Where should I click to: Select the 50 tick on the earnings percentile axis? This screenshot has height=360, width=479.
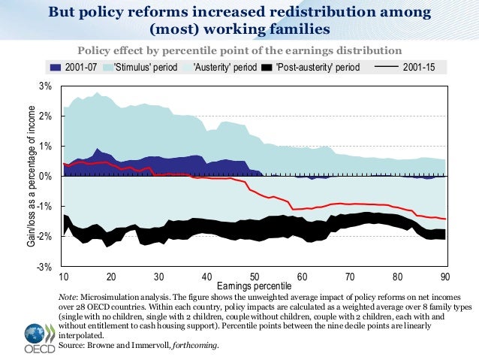click(x=255, y=276)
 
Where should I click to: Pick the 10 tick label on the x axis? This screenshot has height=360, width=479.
click(x=64, y=276)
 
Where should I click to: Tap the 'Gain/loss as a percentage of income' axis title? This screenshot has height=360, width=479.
click(x=31, y=177)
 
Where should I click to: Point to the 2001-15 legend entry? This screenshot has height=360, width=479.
click(x=420, y=67)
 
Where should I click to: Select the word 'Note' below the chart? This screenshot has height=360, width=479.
click(x=76, y=298)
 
